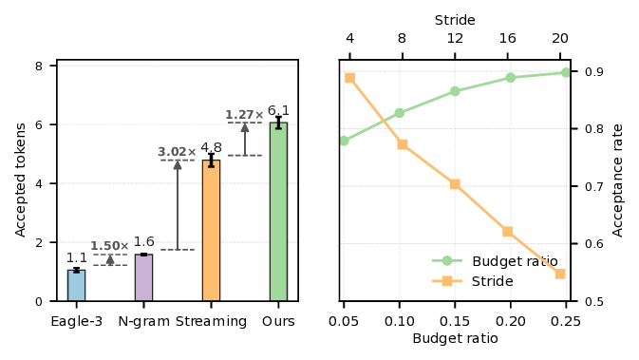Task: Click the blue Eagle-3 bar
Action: (76, 285)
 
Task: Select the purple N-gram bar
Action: (143, 277)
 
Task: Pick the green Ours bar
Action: (278, 212)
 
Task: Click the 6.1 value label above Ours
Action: (278, 110)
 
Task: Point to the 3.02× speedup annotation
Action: (178, 152)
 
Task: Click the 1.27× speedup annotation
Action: (244, 116)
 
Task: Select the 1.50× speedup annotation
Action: (110, 246)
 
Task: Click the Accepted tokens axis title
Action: (21, 183)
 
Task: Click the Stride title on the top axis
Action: (455, 20)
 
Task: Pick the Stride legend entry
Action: (492, 281)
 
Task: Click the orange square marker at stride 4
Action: (350, 78)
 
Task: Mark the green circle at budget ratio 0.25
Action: (566, 72)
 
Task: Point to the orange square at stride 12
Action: (455, 183)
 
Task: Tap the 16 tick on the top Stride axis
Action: (508, 39)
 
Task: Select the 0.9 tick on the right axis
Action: (593, 72)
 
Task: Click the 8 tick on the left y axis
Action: (38, 66)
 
